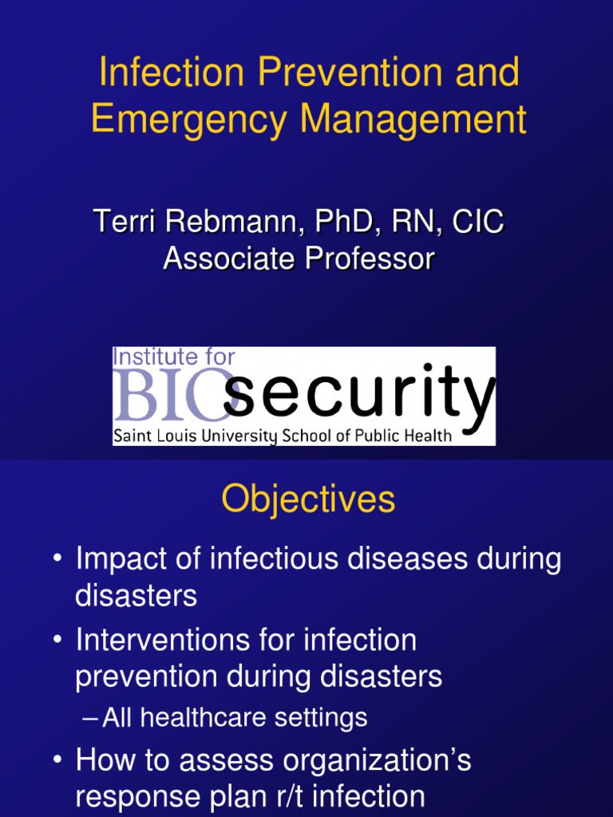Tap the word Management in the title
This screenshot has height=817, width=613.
point(413,120)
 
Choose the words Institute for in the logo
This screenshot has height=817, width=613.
point(174,357)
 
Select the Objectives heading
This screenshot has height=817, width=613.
point(308,500)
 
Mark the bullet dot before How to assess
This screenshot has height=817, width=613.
point(57,762)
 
